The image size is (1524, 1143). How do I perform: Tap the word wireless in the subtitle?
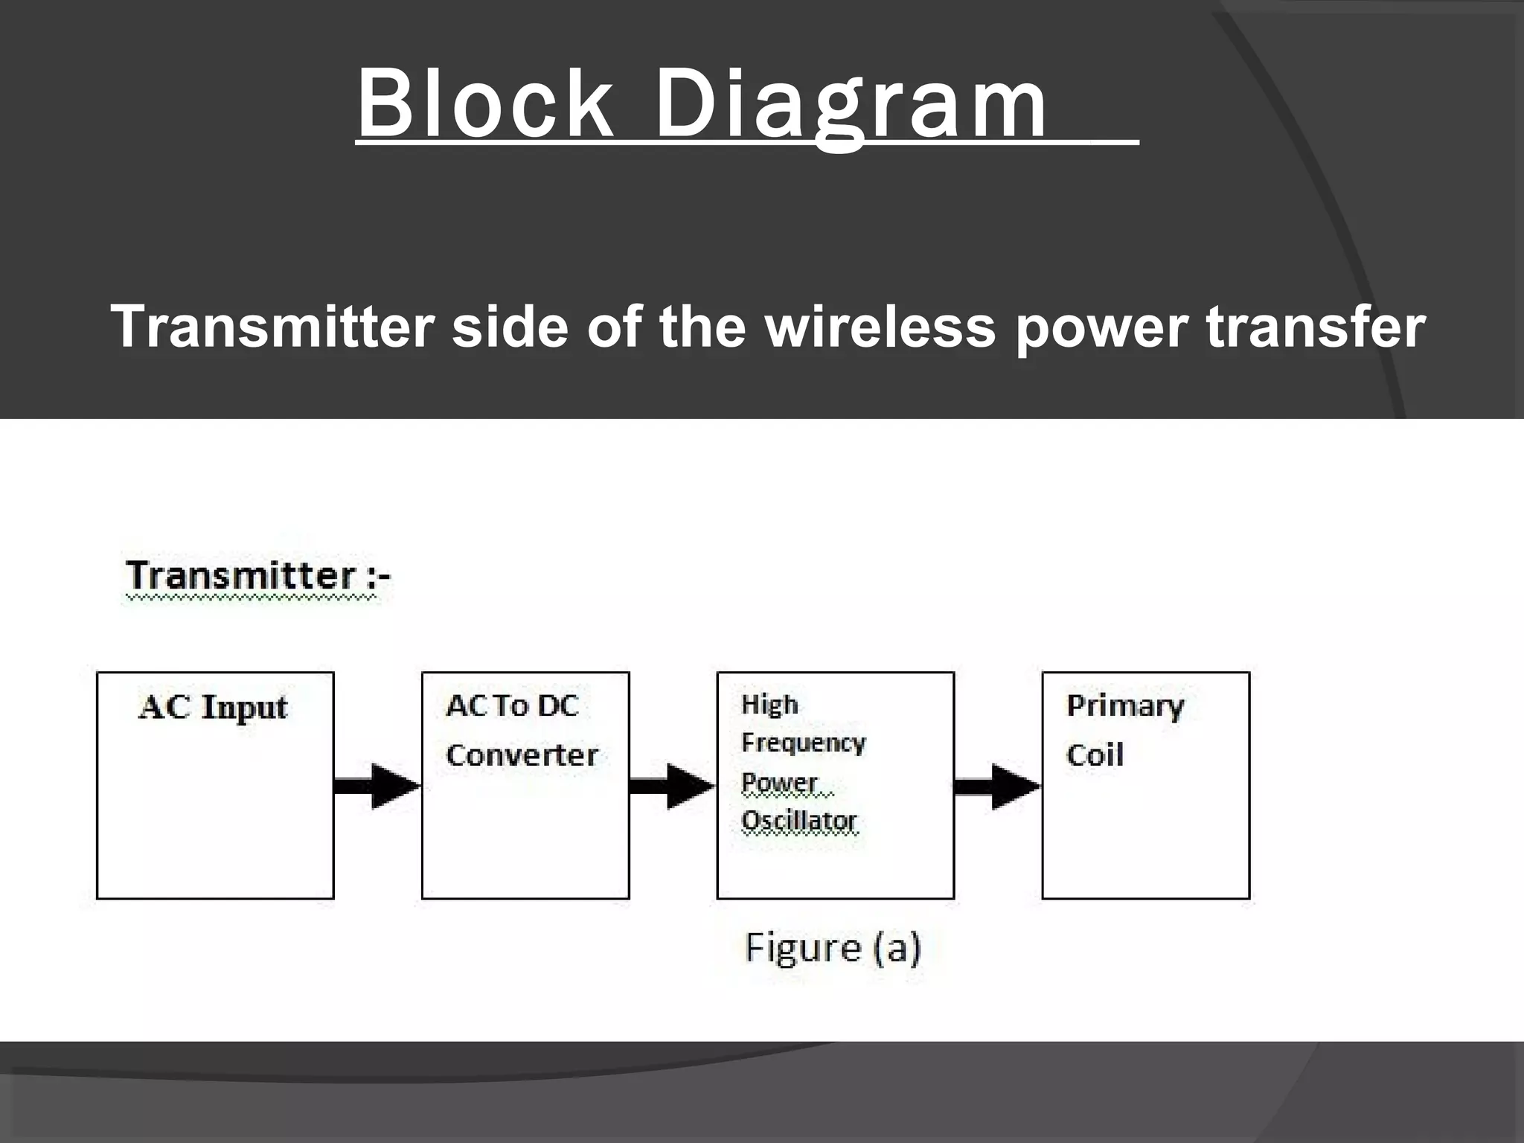point(881,327)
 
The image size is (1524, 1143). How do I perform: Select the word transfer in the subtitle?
point(1315,327)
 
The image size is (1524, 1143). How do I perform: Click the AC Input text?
point(213,707)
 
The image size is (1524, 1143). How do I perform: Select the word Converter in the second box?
point(522,755)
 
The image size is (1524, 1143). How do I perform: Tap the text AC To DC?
point(512,705)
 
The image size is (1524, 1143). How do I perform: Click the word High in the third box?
point(769,704)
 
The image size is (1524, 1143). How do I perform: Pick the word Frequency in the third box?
point(804,743)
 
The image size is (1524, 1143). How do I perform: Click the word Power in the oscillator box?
point(780,783)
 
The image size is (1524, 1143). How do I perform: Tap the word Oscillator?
point(799,822)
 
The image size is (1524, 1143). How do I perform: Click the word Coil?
point(1095,755)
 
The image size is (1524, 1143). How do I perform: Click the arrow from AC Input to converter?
point(377,786)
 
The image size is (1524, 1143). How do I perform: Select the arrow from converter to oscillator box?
point(672,786)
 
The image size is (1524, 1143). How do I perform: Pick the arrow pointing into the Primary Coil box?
point(997,786)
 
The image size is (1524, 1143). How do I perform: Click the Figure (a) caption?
point(833,948)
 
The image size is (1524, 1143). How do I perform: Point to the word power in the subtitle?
point(1101,327)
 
